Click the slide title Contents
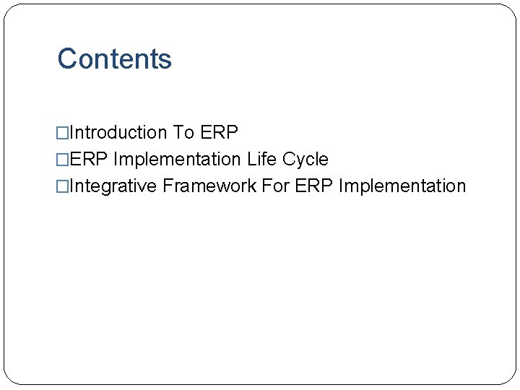click(114, 59)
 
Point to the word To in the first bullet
click(183, 133)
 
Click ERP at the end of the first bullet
click(219, 133)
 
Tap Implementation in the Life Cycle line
click(178, 160)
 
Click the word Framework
click(209, 186)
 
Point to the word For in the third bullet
click(275, 186)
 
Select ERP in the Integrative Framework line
click(314, 186)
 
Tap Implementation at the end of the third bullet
click(402, 186)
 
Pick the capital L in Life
click(251, 160)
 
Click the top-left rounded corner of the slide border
click(10, 10)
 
